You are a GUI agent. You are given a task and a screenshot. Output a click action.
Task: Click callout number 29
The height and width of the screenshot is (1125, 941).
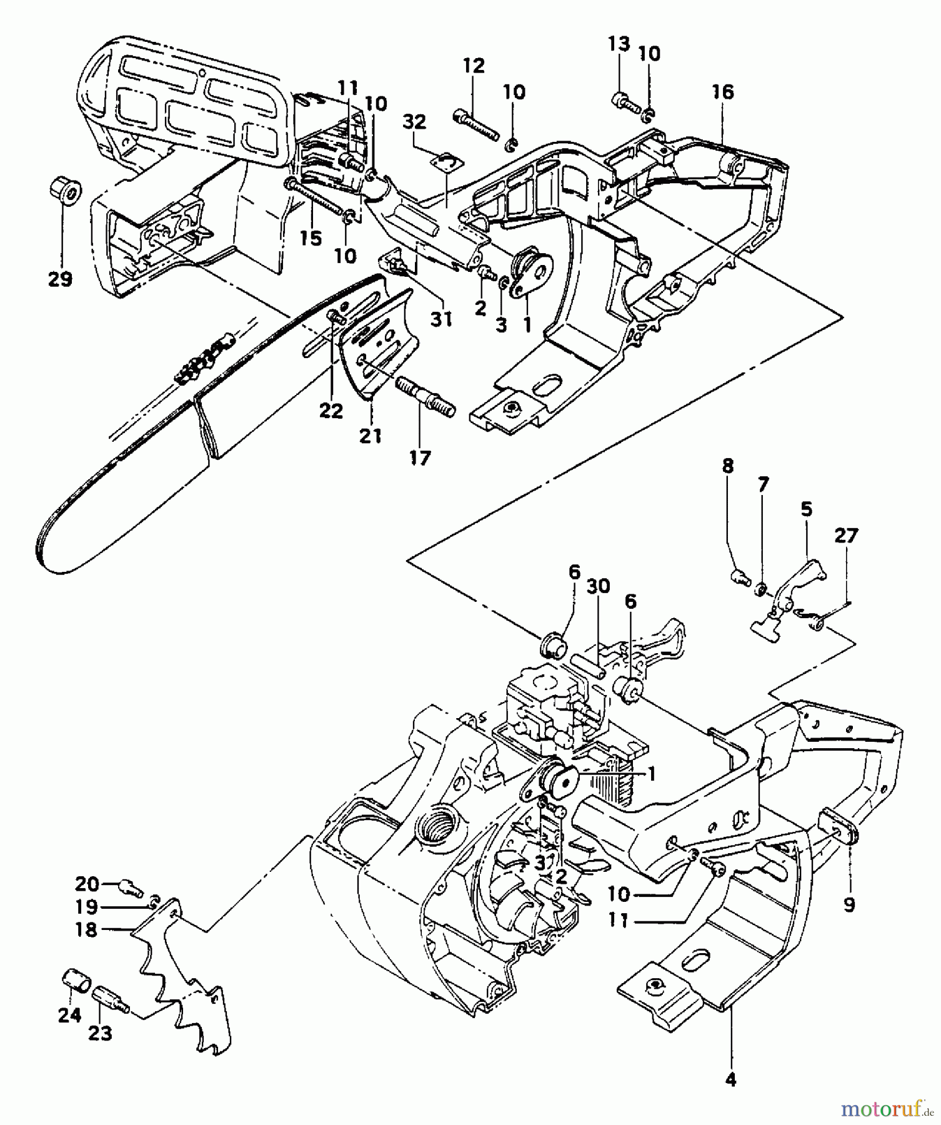(x=61, y=279)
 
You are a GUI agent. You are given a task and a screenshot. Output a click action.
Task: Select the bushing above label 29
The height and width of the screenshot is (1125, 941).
(x=64, y=188)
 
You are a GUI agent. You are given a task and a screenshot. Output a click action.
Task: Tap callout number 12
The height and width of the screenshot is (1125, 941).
(x=474, y=66)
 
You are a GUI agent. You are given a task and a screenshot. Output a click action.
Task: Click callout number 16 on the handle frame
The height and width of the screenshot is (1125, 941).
(x=722, y=92)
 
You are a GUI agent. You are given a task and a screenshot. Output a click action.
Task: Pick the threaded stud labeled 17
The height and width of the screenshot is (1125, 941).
(x=425, y=398)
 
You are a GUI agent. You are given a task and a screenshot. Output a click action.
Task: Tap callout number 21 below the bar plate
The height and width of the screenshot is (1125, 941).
(x=371, y=436)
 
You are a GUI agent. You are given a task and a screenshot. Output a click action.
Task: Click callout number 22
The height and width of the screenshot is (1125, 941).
(x=331, y=411)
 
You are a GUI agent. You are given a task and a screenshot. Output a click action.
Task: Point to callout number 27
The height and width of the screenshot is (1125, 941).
(x=846, y=536)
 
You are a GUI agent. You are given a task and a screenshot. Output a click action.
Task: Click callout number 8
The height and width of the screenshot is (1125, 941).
(x=727, y=466)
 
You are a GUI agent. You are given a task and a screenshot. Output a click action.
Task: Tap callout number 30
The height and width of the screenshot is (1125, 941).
(x=599, y=586)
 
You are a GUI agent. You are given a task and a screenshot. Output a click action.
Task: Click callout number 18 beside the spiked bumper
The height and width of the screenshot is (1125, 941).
(x=86, y=929)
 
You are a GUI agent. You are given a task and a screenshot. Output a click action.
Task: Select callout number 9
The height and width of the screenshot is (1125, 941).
(x=849, y=904)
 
